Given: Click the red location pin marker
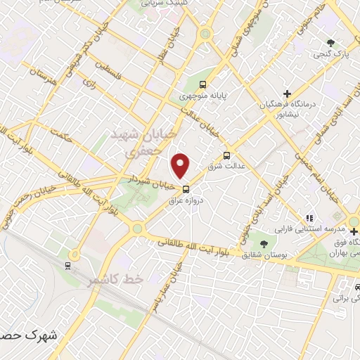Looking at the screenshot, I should coord(181,166).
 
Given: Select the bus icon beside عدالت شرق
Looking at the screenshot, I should coord(226,155).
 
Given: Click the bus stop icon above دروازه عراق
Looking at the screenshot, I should coord(186,188).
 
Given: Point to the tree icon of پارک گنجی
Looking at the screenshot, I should coord(330,41).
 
